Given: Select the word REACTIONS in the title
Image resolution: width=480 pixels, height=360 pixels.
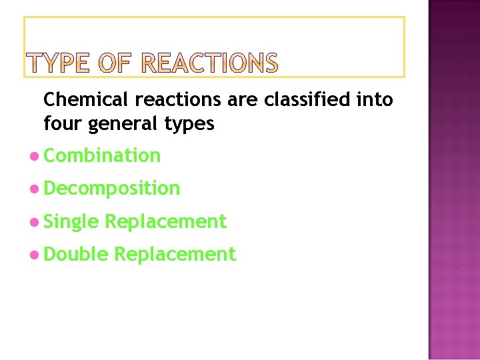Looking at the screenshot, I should point(210,63).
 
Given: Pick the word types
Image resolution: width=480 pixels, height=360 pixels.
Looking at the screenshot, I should point(191,125).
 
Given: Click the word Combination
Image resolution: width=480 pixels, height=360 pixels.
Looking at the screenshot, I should point(102,155).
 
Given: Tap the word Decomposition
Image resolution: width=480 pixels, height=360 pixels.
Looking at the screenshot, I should point(112,189).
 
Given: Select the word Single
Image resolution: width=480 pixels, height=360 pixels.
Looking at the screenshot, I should point(71,222).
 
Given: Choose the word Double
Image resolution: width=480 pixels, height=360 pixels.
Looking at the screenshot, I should point(75,254).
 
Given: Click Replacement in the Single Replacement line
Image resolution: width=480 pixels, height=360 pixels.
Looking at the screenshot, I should point(165,221).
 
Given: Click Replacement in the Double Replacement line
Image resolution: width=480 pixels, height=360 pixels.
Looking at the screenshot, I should point(175,254).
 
